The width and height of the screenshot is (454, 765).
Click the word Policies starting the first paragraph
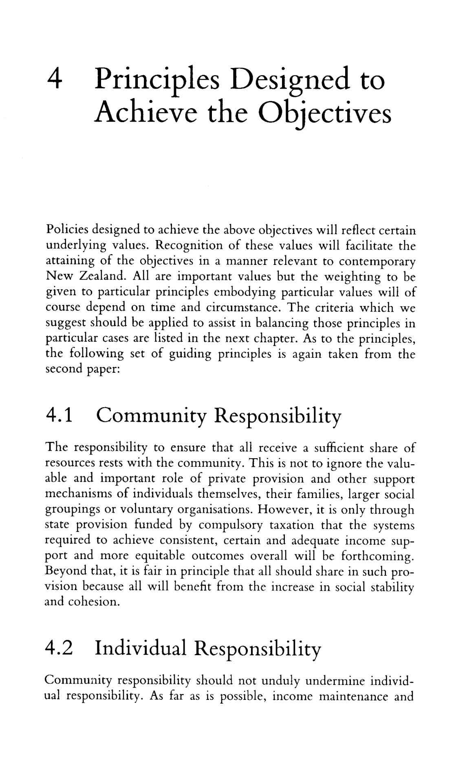pyautogui.click(x=66, y=231)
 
